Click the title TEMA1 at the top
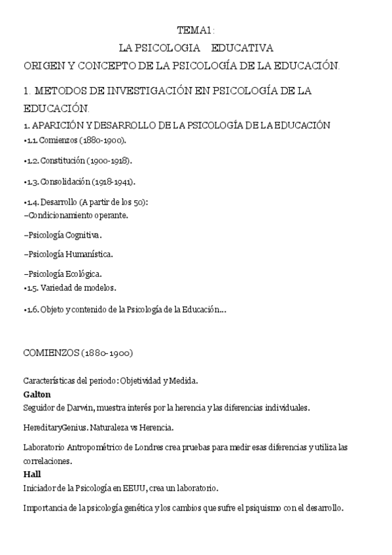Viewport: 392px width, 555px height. [195, 30]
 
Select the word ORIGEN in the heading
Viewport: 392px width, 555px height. [43, 65]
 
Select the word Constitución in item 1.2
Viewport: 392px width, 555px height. [62, 161]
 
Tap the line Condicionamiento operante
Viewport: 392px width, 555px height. [76, 214]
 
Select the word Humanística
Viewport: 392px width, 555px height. [88, 254]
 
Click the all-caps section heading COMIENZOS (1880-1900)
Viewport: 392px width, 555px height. [78, 353]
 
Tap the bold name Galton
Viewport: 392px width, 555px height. [37, 395]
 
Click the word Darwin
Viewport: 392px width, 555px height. [79, 408]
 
